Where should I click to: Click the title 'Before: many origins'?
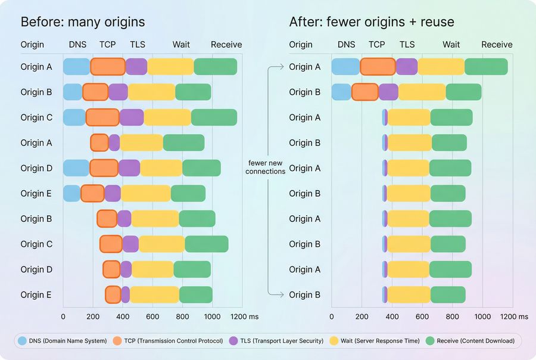tap(83, 23)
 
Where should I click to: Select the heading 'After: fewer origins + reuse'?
tap(372, 23)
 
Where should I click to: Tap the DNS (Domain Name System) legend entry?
tap(63, 341)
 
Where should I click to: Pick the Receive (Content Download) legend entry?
tap(472, 341)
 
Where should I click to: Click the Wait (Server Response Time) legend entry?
tap(377, 341)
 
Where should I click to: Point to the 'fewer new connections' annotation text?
tap(267, 167)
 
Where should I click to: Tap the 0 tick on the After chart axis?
tap(332, 316)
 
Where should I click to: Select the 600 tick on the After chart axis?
tap(422, 316)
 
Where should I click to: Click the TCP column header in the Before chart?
tap(108, 45)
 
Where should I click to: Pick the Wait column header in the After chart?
tap(451, 45)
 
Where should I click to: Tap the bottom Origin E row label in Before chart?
tap(36, 294)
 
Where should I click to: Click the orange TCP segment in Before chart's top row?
tap(108, 67)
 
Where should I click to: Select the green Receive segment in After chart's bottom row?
tap(448, 294)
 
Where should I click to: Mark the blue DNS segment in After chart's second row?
tap(341, 92)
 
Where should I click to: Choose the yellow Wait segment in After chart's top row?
tap(441, 67)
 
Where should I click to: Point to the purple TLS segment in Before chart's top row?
tap(136, 67)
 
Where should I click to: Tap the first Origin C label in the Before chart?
tap(36, 117)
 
